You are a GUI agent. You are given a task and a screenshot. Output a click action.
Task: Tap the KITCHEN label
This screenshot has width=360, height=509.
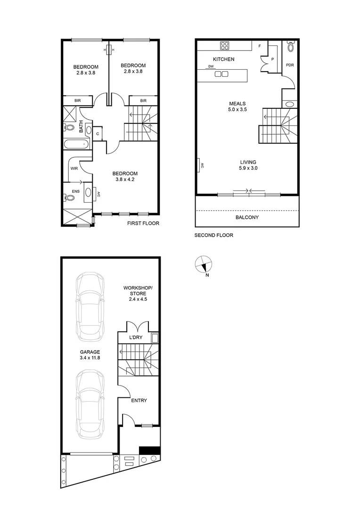tap(223, 59)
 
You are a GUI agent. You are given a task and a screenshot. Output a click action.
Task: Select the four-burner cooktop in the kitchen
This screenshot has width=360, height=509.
tap(224, 46)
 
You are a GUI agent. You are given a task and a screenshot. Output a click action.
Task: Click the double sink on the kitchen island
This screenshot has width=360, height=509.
tap(221, 74)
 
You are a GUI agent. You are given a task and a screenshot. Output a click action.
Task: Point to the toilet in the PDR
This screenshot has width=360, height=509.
tap(290, 47)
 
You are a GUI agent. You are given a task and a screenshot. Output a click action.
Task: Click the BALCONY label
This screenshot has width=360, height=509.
tap(247, 217)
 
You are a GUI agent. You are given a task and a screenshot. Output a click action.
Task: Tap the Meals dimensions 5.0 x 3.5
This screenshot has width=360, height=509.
tap(238, 109)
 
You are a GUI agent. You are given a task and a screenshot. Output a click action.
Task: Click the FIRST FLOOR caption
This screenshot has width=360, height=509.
tap(143, 223)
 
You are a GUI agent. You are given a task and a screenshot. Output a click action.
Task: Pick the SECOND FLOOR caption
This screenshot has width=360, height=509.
tap(214, 235)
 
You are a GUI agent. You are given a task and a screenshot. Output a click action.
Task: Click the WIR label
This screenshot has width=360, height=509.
tap(74, 167)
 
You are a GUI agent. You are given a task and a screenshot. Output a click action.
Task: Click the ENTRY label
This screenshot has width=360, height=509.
tap(139, 401)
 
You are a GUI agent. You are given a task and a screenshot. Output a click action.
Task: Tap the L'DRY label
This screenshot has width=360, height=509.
tap(136, 338)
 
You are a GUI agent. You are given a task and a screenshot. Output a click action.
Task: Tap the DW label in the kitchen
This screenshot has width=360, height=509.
tap(211, 67)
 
